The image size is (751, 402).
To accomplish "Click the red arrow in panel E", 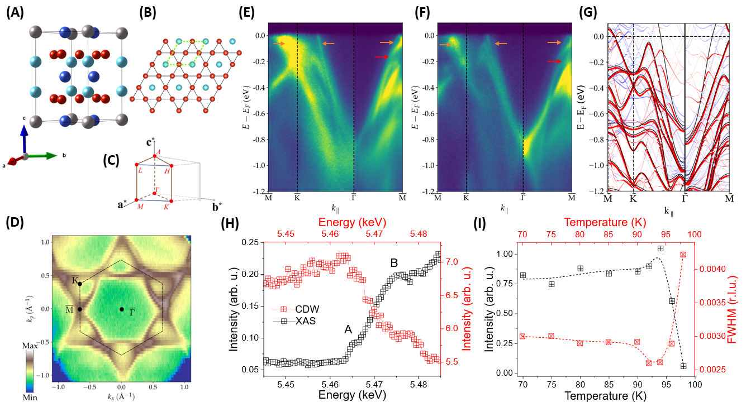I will pyautogui.click(x=381, y=57).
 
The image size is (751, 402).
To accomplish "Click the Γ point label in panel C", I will pyautogui.click(x=159, y=190).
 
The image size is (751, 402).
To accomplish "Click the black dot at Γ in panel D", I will pyautogui.click(x=121, y=309).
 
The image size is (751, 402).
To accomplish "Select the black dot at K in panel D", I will pyautogui.click(x=80, y=284).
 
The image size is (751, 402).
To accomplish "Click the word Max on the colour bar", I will pyautogui.click(x=32, y=347).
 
